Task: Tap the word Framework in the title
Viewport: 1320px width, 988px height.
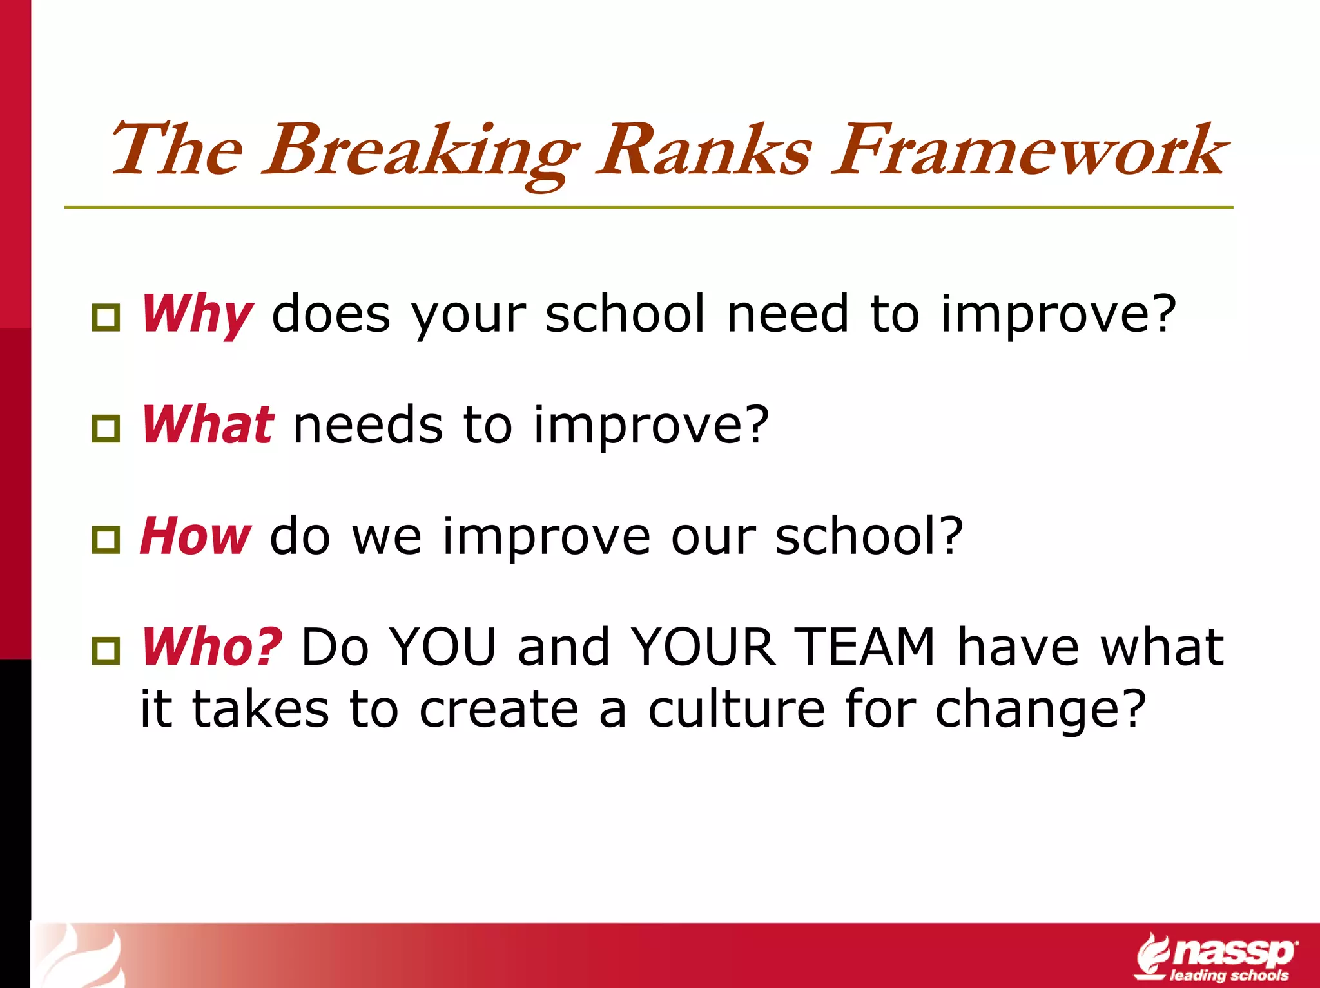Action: (1029, 151)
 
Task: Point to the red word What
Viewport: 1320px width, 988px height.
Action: (208, 425)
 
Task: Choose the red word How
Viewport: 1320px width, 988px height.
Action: (195, 536)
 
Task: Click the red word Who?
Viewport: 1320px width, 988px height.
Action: (211, 647)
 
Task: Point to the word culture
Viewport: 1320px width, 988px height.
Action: (736, 709)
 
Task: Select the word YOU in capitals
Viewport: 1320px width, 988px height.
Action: (443, 647)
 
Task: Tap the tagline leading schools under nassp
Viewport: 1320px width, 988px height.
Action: (1229, 975)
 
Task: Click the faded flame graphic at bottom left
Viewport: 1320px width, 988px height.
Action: (81, 956)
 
